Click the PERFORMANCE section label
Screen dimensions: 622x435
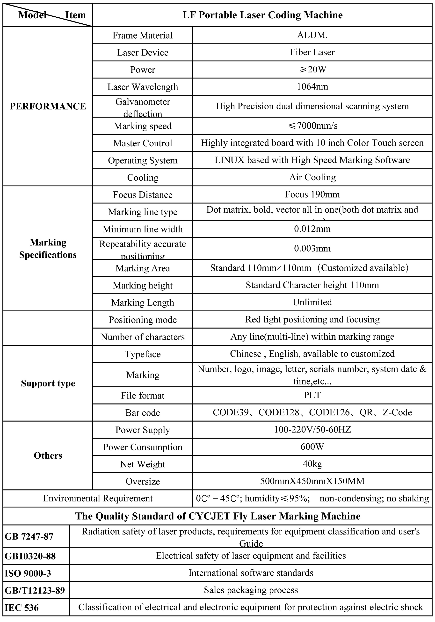click(48, 106)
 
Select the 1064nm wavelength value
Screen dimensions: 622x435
click(312, 87)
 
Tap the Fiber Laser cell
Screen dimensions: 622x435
click(312, 52)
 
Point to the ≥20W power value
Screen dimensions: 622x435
click(312, 70)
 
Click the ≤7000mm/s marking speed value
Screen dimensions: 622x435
click(312, 126)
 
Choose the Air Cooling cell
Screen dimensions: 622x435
click(312, 177)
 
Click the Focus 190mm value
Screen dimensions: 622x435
click(312, 195)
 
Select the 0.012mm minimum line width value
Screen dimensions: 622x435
click(312, 229)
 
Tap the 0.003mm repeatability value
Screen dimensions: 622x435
click(312, 248)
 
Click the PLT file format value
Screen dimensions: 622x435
click(312, 395)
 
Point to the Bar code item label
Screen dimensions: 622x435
click(143, 412)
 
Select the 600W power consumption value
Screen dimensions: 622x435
click(312, 447)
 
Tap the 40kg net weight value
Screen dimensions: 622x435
click(312, 464)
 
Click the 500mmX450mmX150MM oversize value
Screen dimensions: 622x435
click(312, 481)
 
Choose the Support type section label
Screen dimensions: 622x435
click(48, 383)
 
